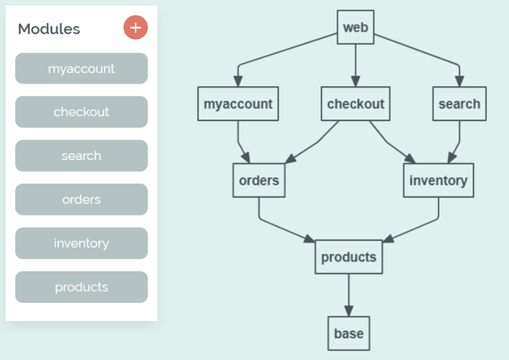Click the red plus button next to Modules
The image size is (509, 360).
pyautogui.click(x=135, y=28)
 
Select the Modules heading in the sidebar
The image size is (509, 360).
pyautogui.click(x=49, y=29)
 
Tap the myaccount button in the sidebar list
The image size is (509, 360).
pyautogui.click(x=81, y=68)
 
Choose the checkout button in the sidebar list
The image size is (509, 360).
pyautogui.click(x=81, y=112)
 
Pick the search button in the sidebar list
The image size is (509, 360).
pyautogui.click(x=81, y=156)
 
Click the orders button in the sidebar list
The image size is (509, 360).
pyautogui.click(x=81, y=199)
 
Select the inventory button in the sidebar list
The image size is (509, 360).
pyautogui.click(x=81, y=244)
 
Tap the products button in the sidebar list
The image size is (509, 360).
pyautogui.click(x=81, y=287)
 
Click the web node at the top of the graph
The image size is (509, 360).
pyautogui.click(x=355, y=27)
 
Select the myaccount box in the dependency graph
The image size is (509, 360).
pyautogui.click(x=238, y=104)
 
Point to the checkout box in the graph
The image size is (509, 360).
pyautogui.click(x=355, y=104)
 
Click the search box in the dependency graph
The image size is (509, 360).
pyautogui.click(x=460, y=104)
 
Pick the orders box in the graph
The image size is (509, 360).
pyautogui.click(x=259, y=180)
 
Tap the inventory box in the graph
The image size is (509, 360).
pyautogui.click(x=438, y=180)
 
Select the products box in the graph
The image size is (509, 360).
pyautogui.click(x=348, y=257)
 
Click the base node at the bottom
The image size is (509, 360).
pyautogui.click(x=348, y=333)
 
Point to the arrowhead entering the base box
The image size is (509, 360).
pyautogui.click(x=348, y=311)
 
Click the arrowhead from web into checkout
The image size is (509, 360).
pyautogui.click(x=355, y=81)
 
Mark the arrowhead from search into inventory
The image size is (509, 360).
pyautogui.click(x=452, y=158)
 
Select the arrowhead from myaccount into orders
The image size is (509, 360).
pyautogui.click(x=246, y=158)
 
